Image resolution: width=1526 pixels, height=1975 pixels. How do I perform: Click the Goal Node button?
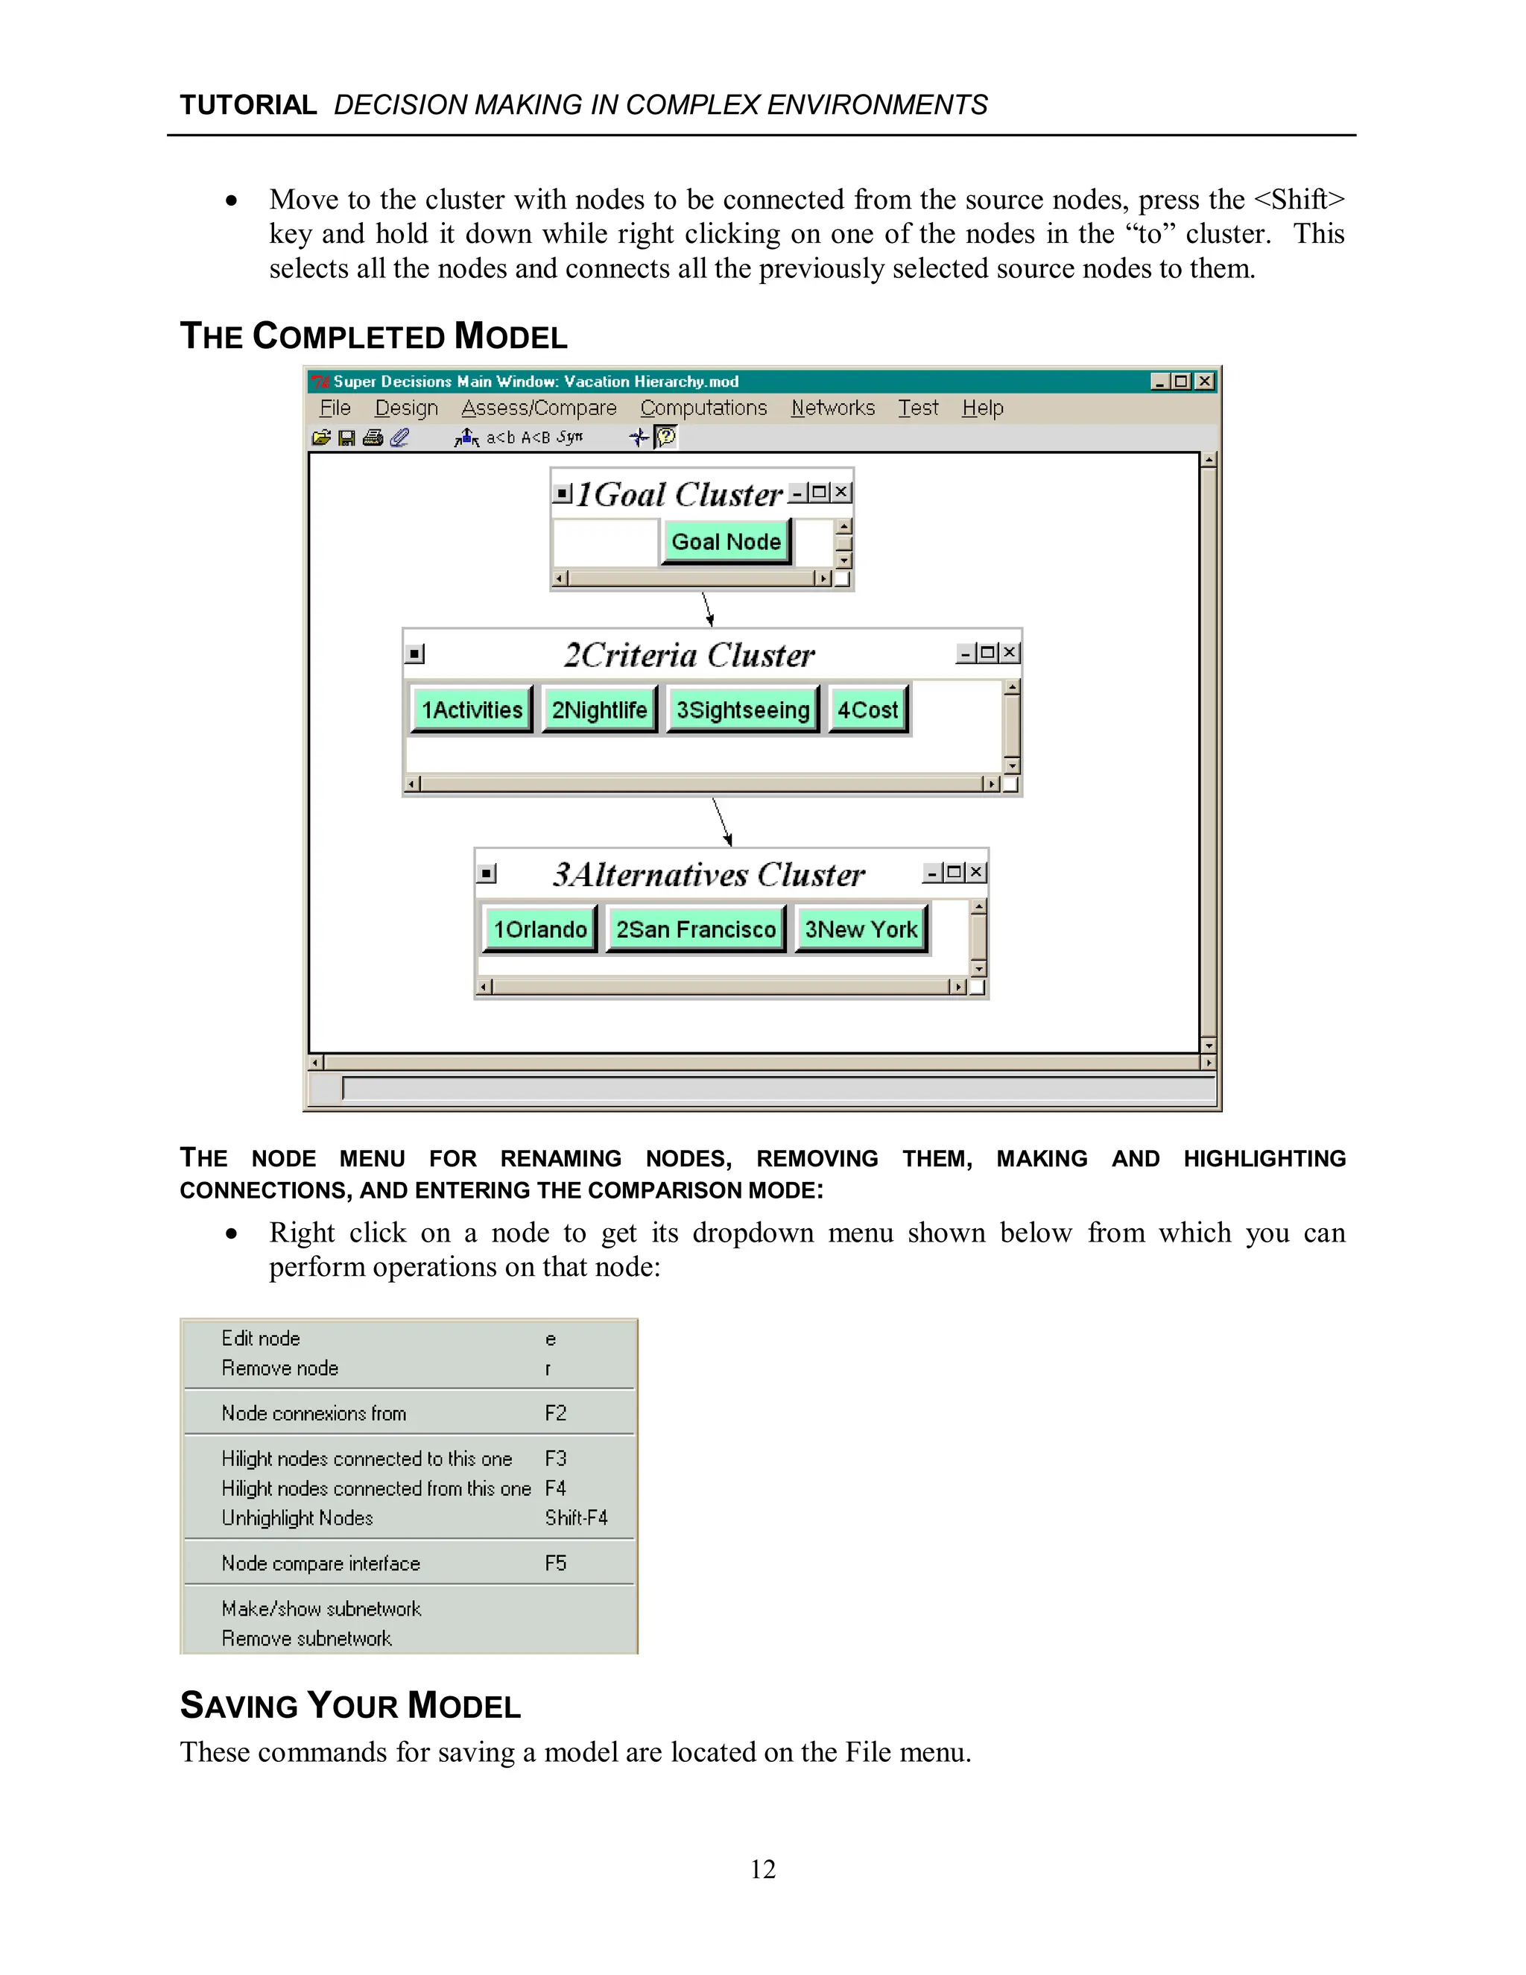click(725, 542)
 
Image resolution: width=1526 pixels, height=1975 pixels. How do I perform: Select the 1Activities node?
click(471, 710)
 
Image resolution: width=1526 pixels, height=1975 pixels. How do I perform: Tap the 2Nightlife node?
click(598, 710)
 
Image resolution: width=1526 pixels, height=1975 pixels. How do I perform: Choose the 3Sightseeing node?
click(742, 710)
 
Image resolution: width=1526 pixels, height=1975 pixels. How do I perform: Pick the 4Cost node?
click(867, 710)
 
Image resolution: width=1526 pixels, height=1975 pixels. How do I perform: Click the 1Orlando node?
click(539, 929)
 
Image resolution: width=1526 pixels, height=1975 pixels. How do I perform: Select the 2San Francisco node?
click(695, 929)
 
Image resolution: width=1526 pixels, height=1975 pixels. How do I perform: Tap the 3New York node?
click(861, 929)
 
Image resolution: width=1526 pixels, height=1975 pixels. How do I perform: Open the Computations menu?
click(703, 408)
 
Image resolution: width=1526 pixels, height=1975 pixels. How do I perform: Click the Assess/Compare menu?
click(539, 408)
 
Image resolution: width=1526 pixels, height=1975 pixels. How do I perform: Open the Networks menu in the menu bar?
click(832, 408)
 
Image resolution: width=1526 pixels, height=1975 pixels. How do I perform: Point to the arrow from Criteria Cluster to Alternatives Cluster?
click(721, 821)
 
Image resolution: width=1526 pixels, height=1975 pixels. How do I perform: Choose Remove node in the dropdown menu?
click(280, 1368)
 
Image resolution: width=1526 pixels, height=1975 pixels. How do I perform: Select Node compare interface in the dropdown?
click(321, 1564)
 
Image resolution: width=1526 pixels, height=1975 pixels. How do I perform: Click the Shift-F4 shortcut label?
click(576, 1518)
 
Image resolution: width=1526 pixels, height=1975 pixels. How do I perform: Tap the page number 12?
click(763, 1869)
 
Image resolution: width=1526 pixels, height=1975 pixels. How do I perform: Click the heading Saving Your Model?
click(351, 1705)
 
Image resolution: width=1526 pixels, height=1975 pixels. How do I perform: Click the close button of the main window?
click(1204, 382)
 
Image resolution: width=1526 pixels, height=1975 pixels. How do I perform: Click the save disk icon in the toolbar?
click(346, 437)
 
